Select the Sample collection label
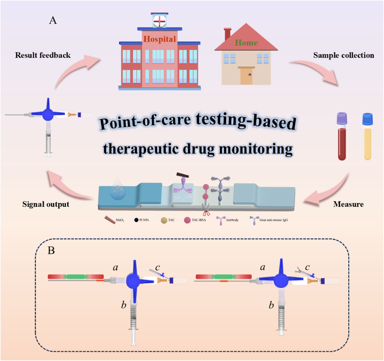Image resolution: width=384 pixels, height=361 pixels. [x=343, y=55]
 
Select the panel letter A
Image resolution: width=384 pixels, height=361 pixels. [x=53, y=21]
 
